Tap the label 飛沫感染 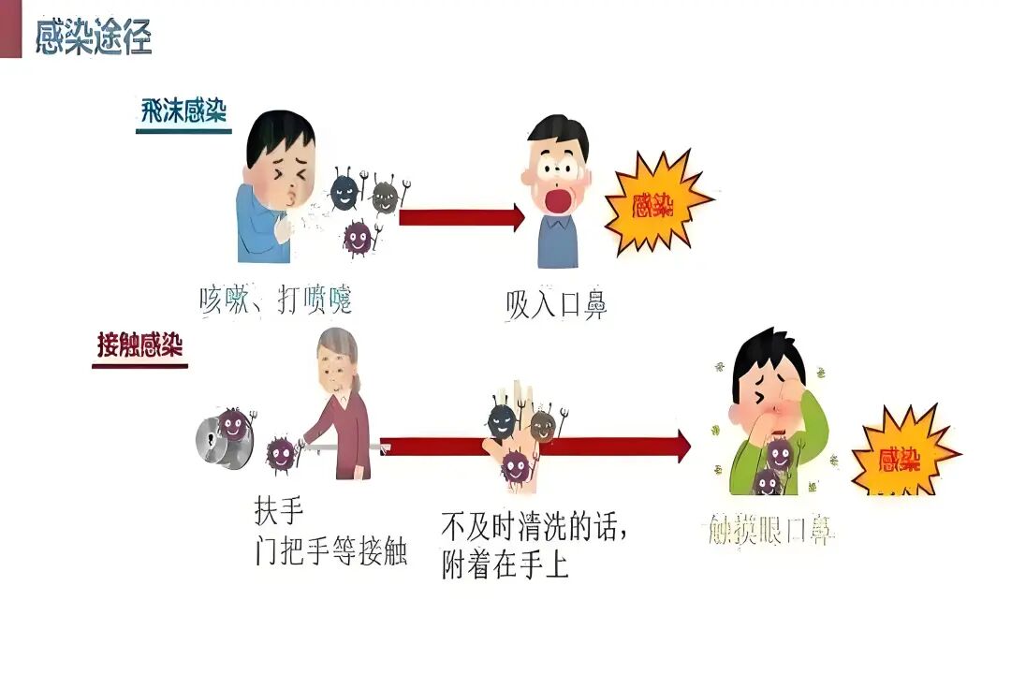(183, 110)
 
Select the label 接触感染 (139, 344)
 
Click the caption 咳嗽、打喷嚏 (276, 300)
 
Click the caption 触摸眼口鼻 (767, 531)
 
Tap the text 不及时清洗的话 (533, 527)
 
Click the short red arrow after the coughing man (462, 217)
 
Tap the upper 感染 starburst (655, 204)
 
